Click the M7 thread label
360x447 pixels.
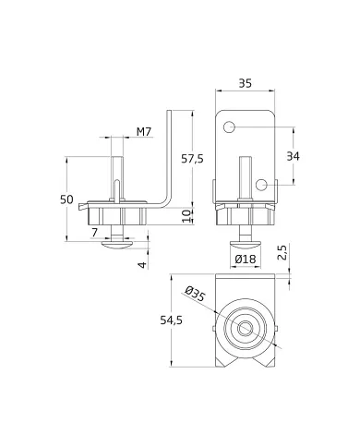(x=144, y=133)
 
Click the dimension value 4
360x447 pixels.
(x=143, y=265)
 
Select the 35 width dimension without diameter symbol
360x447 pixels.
(x=246, y=82)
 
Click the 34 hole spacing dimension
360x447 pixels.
(x=293, y=156)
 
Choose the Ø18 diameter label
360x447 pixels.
(x=246, y=260)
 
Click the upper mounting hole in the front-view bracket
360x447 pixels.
(x=230, y=126)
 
